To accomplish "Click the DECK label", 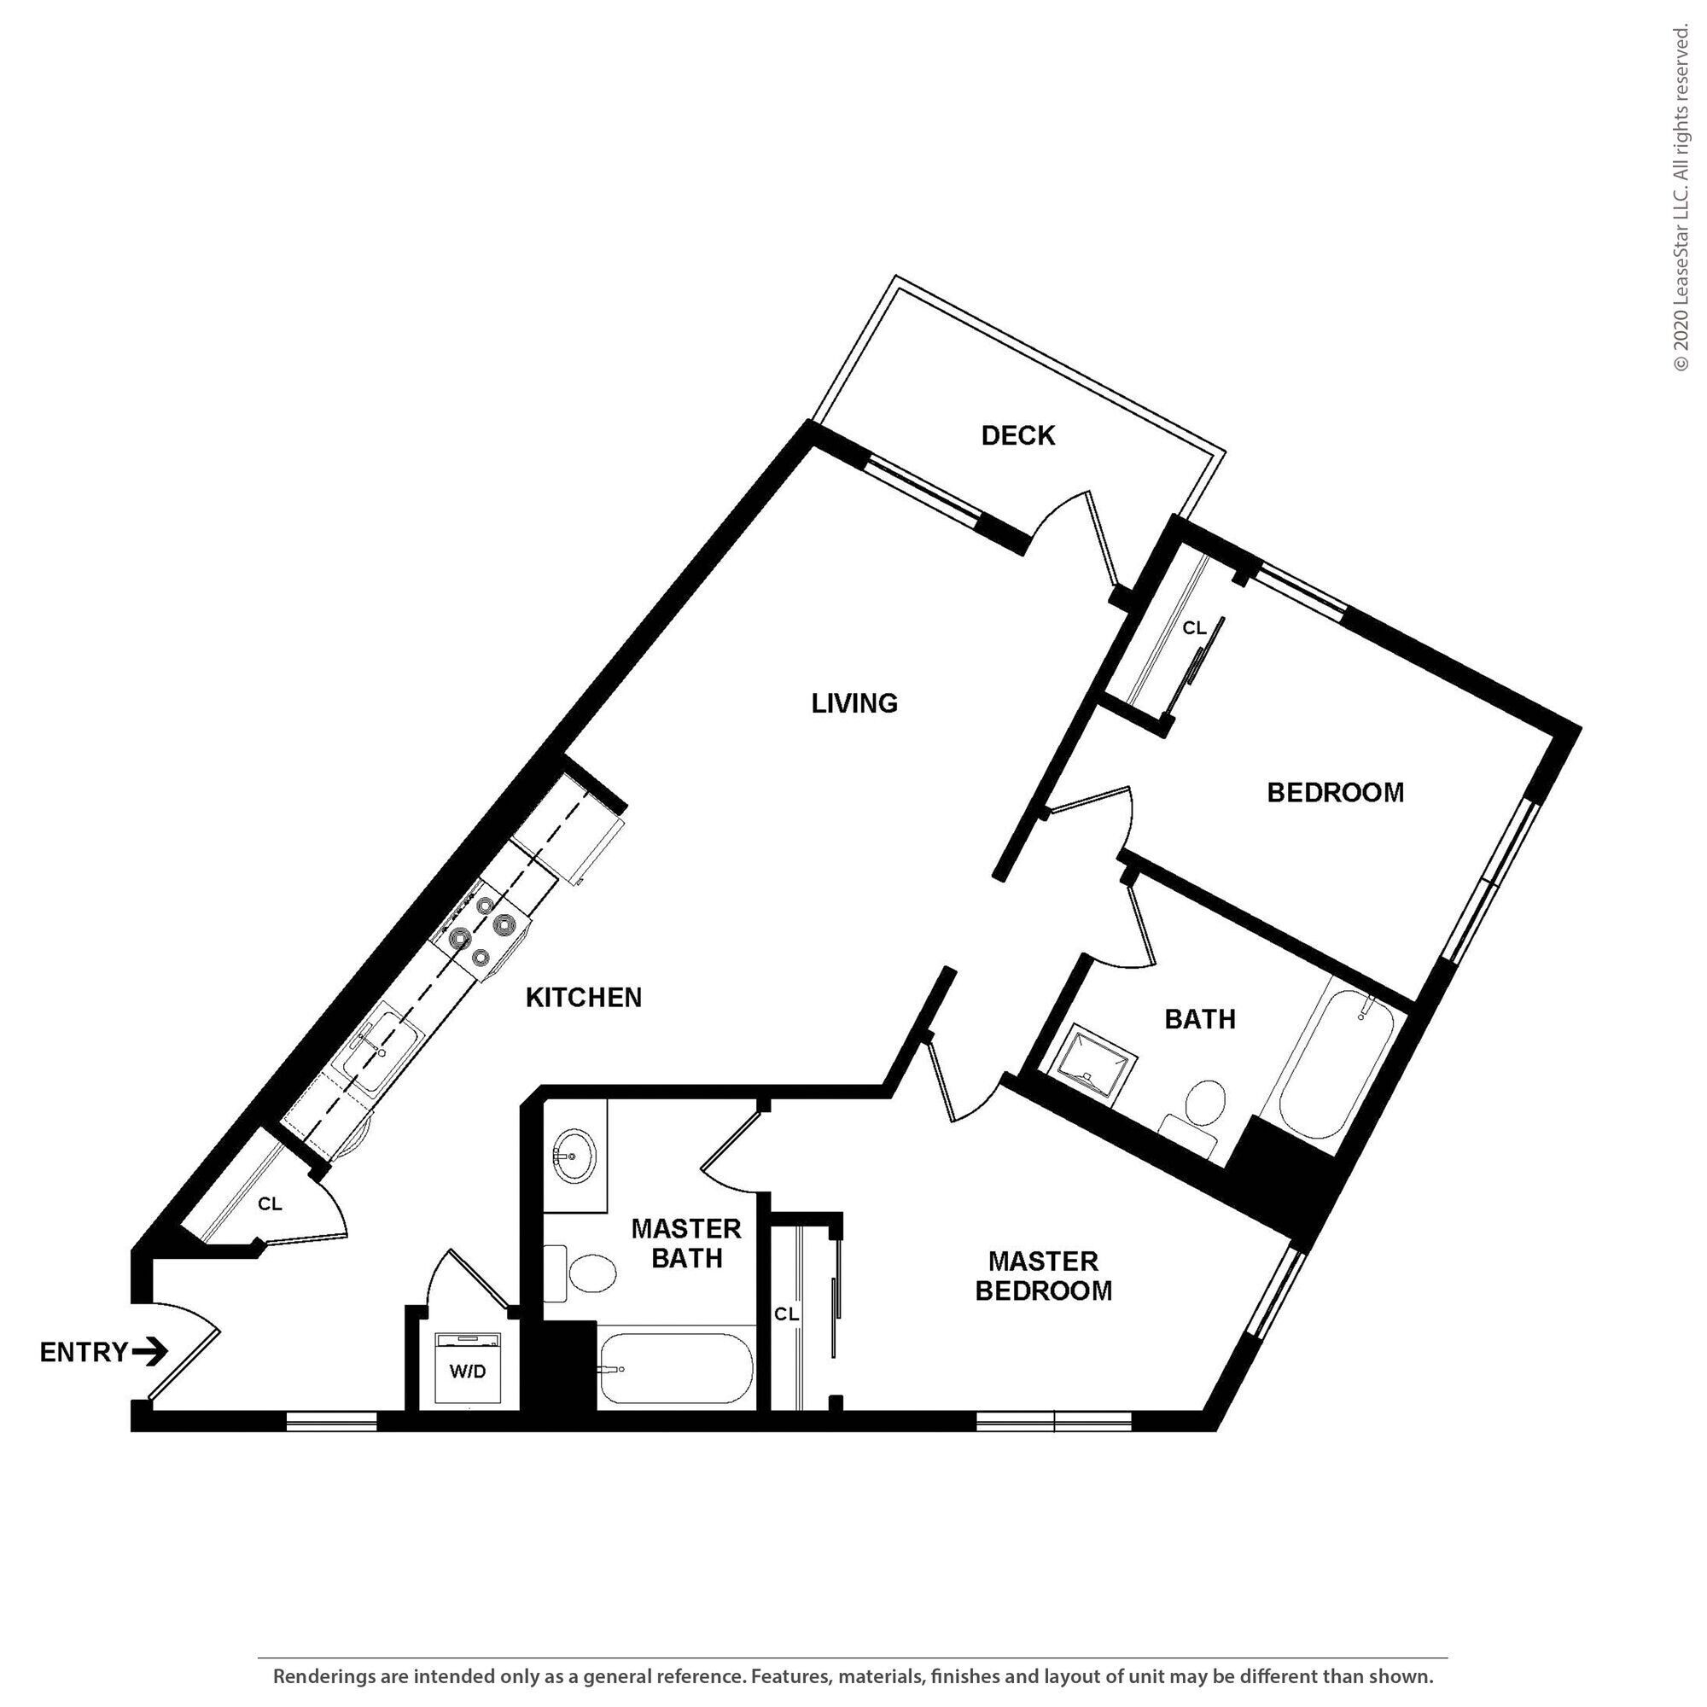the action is point(1018,434).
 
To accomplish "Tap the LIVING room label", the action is point(854,703).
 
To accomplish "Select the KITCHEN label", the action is point(583,998).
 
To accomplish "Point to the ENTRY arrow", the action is point(150,1351).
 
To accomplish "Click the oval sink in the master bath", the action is point(574,1156).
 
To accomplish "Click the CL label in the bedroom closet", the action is point(1195,628).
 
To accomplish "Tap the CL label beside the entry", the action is point(271,1204).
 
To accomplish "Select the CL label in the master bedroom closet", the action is point(786,1314).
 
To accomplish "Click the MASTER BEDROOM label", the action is point(1044,1276).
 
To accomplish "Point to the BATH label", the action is point(1200,1020).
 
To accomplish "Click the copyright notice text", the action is point(1681,198).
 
